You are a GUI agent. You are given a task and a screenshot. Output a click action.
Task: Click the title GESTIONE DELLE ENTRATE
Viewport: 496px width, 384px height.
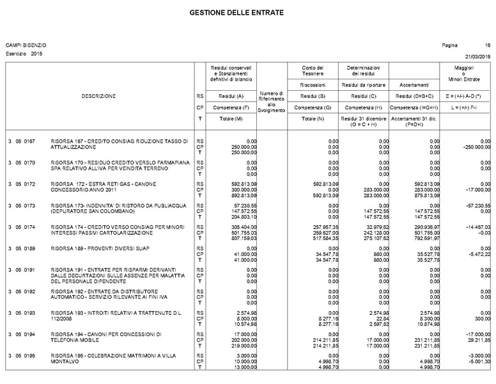(236, 13)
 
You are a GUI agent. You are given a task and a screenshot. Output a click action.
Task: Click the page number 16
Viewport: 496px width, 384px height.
(488, 45)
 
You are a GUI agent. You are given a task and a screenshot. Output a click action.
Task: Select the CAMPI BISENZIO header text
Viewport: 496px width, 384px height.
(26, 45)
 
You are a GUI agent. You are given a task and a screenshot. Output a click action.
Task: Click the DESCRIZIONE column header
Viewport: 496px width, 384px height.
(98, 96)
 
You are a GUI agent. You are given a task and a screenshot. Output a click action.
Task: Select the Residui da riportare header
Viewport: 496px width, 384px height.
(363, 84)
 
